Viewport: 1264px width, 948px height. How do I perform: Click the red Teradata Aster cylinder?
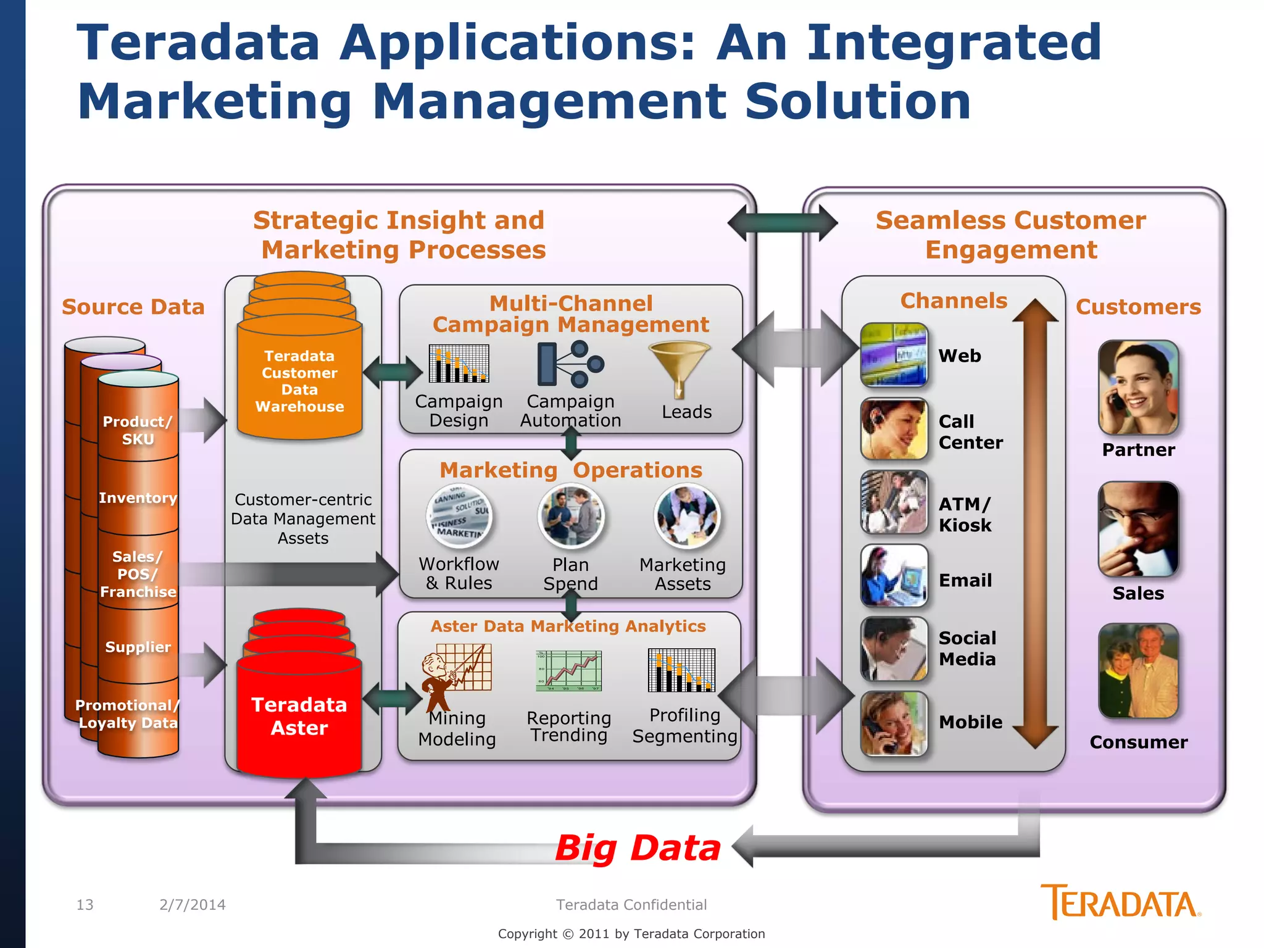click(299, 710)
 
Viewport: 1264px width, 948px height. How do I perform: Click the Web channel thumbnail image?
click(894, 355)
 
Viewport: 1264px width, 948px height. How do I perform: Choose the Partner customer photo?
click(1138, 388)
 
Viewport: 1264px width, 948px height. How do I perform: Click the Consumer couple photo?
click(1138, 671)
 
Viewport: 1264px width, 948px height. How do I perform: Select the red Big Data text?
click(638, 848)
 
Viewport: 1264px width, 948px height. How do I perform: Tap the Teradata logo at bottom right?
click(1120, 902)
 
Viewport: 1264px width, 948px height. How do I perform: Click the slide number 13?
click(85, 905)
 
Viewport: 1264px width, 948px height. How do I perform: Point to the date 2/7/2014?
click(193, 905)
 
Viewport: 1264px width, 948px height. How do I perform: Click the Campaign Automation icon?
click(570, 364)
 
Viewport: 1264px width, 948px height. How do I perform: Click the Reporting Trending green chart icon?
click(568, 671)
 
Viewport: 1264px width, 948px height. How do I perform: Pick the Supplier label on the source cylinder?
click(138, 647)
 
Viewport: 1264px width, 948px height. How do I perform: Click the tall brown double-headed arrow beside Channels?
click(1036, 525)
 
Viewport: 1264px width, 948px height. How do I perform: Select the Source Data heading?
click(133, 307)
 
